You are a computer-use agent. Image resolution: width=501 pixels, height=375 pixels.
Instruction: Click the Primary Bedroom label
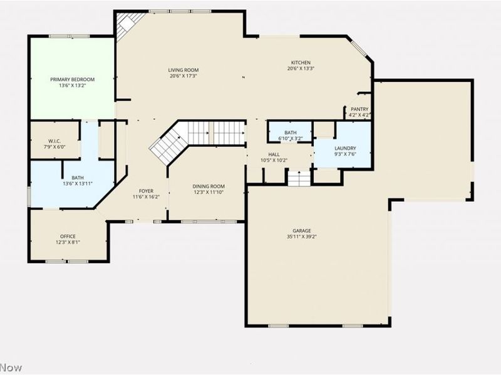73,79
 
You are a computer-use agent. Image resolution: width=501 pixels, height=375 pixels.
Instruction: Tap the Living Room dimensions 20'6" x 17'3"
183,76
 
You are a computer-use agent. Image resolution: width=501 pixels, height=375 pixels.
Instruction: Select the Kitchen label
301,62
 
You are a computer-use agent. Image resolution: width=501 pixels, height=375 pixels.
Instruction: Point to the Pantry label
359,109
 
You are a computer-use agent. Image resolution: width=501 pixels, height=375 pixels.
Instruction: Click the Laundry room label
346,148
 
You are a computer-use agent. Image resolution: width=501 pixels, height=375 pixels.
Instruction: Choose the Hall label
274,154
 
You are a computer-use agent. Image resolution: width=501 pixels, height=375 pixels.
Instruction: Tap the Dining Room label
209,186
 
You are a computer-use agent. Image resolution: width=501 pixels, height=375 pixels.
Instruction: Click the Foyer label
146,191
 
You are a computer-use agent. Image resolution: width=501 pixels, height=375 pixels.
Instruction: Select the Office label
68,236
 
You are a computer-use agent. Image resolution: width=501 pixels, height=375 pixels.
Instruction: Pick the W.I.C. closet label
54,141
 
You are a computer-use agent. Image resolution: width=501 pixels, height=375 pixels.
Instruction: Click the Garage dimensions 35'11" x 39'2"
302,237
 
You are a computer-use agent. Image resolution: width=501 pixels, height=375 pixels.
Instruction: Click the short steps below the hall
299,179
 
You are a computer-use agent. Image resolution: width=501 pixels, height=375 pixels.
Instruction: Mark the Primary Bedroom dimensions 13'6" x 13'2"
73,86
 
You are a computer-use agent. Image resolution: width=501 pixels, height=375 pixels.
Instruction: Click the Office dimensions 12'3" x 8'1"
68,242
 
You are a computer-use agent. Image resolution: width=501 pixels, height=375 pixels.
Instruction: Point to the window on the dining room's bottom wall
205,221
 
